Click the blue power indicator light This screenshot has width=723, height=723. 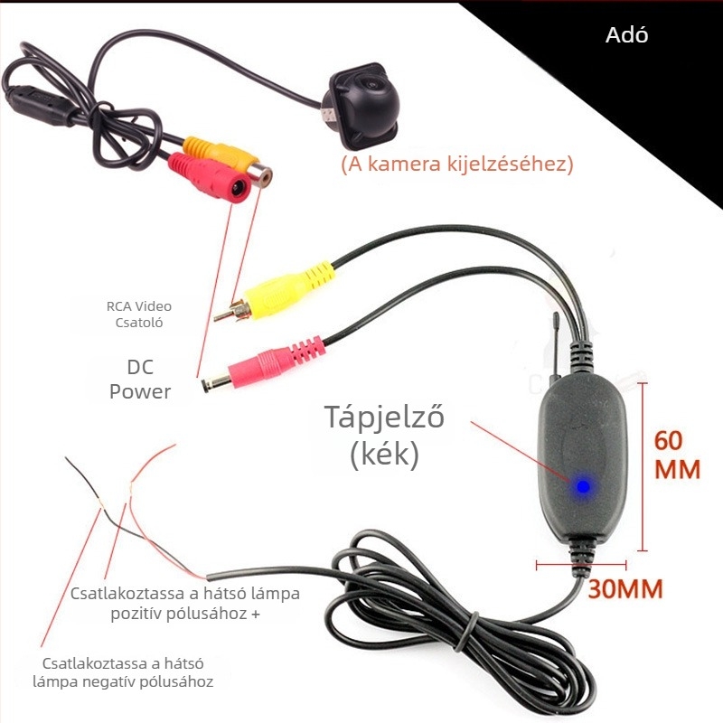[583, 486]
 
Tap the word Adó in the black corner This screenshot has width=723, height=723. [626, 35]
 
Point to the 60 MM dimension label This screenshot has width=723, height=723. [677, 455]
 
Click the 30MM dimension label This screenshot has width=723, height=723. [625, 589]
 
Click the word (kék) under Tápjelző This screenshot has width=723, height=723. [385, 455]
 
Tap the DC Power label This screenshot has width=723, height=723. [140, 380]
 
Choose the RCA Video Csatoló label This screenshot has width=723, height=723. [139, 314]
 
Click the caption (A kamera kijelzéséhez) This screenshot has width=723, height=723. [457, 164]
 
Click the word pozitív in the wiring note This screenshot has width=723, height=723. [136, 614]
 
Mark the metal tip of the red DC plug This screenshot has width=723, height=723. [216, 383]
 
